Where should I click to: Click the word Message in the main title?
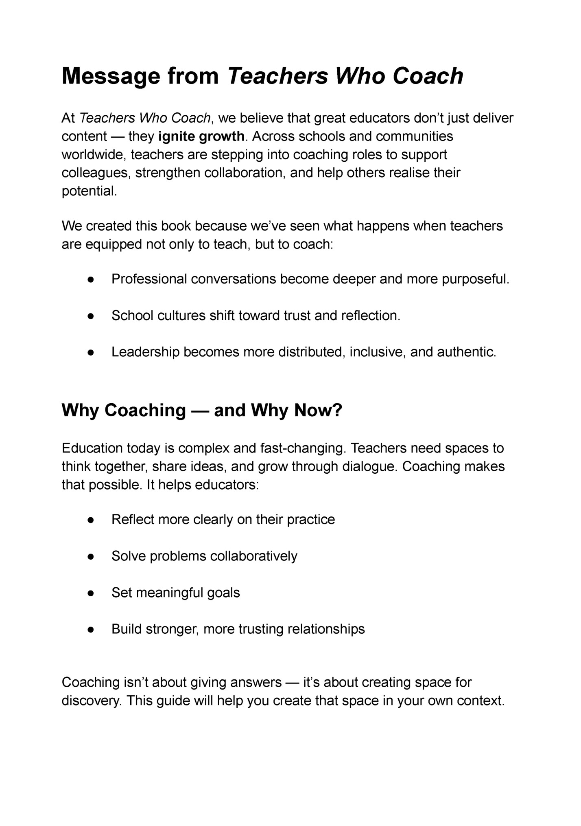pyautogui.click(x=111, y=76)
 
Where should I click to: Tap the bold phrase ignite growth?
pyautogui.click(x=201, y=136)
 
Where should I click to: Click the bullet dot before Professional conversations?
pyautogui.click(x=91, y=279)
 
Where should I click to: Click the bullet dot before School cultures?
pyautogui.click(x=91, y=316)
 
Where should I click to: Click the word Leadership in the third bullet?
pyautogui.click(x=145, y=352)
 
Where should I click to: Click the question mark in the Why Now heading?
pyautogui.click(x=337, y=410)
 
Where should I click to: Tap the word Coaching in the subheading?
pyautogui.click(x=145, y=410)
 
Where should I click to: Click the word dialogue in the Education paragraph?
pyautogui.click(x=369, y=466)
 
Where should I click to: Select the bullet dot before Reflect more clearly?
pyautogui.click(x=91, y=520)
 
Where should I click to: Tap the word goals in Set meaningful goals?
pyautogui.click(x=223, y=593)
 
